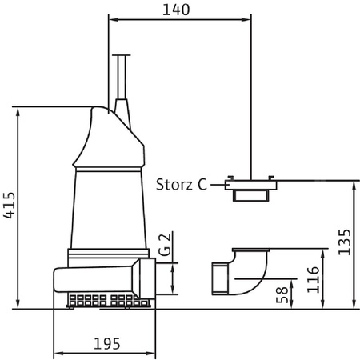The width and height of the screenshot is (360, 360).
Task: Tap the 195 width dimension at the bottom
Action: (x=106, y=344)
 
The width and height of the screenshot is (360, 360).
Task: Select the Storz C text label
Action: (x=182, y=184)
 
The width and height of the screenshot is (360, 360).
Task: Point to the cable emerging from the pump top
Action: (x=122, y=76)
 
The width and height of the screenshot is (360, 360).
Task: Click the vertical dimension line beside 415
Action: (x=18, y=207)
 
